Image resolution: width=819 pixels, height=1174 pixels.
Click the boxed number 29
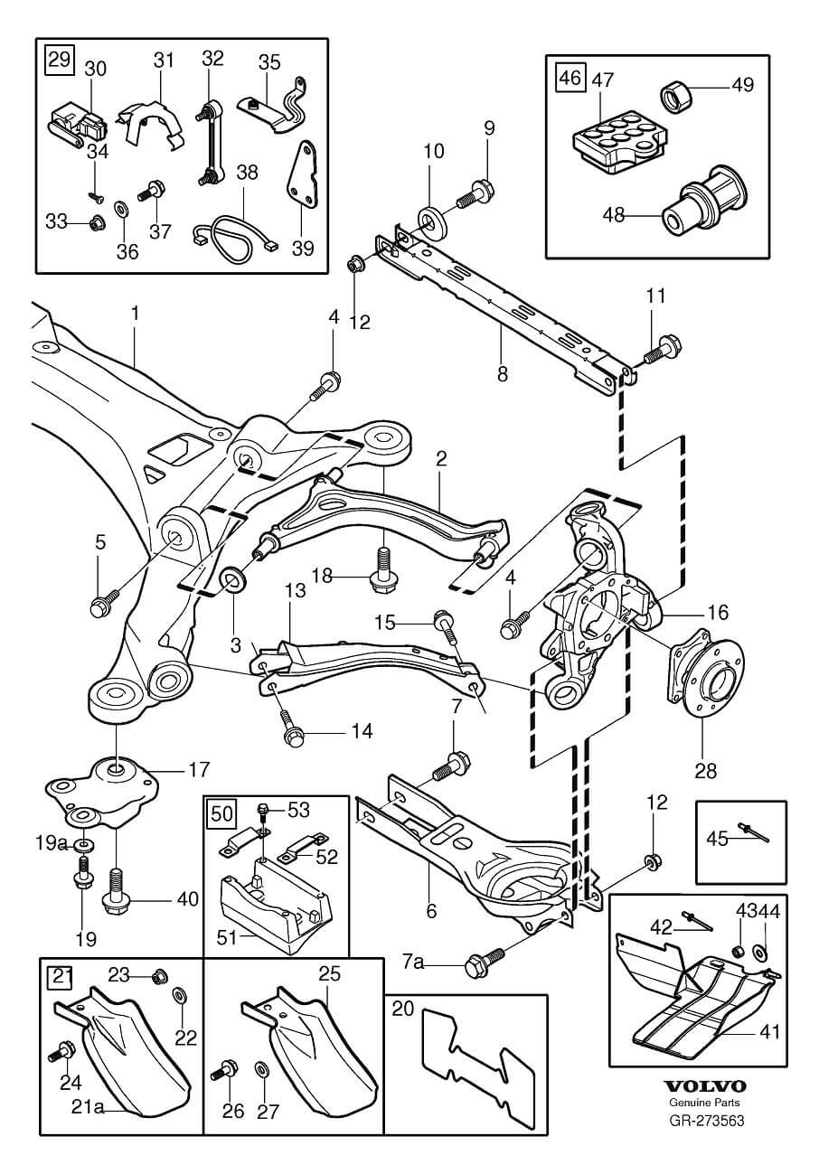(x=60, y=60)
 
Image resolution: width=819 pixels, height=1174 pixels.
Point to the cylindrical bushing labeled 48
(x=702, y=201)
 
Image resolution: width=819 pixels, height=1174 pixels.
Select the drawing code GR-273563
(x=706, y=1120)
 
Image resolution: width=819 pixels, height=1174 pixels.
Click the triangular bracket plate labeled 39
(x=303, y=181)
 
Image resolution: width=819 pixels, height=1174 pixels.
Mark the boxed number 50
(x=221, y=813)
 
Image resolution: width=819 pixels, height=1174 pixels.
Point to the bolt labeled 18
(x=381, y=569)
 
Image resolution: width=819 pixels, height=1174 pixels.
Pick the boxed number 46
(x=570, y=78)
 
